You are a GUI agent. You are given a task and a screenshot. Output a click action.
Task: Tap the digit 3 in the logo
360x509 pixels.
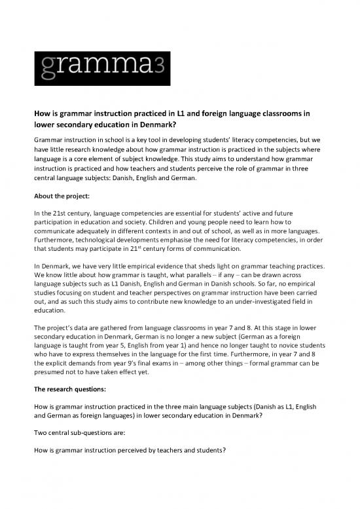click(159, 64)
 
